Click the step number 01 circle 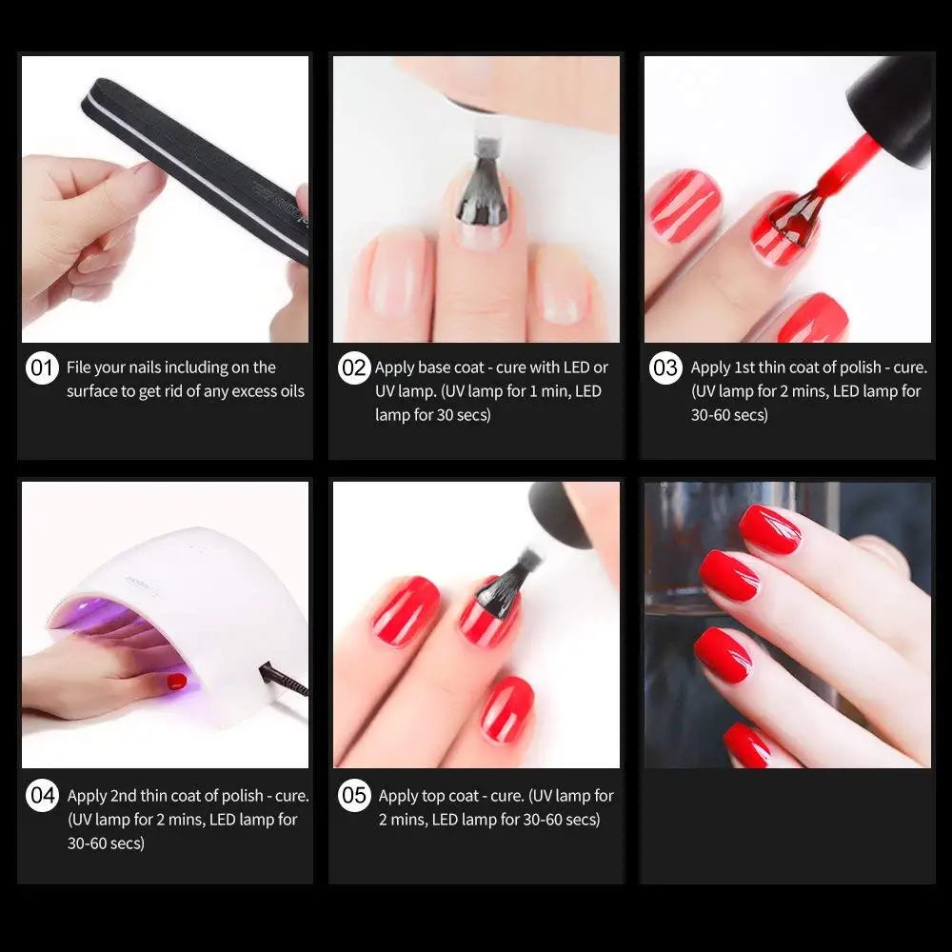coord(42,367)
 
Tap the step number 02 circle coord(354,367)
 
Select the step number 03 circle coord(665,367)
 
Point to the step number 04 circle coord(42,795)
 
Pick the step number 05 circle coord(354,795)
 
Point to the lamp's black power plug coord(283,680)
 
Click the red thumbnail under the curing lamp coord(177,682)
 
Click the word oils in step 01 coord(290,391)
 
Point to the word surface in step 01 coord(93,391)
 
